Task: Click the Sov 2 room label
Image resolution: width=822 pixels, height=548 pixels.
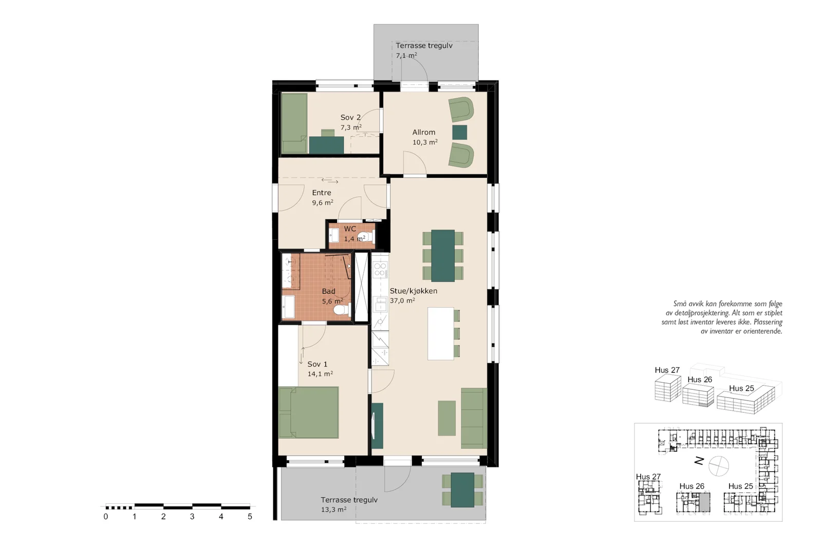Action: [350, 118]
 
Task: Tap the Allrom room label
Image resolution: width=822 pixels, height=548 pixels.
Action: [424, 132]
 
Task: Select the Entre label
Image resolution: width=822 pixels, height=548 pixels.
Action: [322, 193]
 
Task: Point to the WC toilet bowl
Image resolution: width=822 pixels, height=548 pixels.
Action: [365, 237]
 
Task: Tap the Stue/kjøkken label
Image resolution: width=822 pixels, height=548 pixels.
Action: [414, 291]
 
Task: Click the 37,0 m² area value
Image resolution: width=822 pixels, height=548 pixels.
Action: [403, 300]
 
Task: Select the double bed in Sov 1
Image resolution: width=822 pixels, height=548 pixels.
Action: [308, 412]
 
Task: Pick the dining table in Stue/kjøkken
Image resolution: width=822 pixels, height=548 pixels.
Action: [443, 256]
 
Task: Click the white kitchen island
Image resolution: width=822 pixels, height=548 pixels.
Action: [441, 333]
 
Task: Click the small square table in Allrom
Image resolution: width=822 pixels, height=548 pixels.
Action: [459, 133]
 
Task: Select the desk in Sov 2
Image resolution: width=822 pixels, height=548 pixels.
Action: [326, 145]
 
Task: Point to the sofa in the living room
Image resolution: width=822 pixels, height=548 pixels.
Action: [474, 418]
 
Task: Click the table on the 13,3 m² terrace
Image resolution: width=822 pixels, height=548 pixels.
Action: [462, 489]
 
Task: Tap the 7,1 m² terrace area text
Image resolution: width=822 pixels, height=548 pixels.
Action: [406, 55]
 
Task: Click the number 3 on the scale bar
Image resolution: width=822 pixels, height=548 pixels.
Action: [192, 517]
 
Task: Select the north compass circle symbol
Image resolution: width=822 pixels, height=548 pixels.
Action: [719, 466]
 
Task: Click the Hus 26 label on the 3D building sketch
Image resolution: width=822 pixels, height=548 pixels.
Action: [699, 380]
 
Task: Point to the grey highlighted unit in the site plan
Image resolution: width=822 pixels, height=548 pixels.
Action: [704, 502]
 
